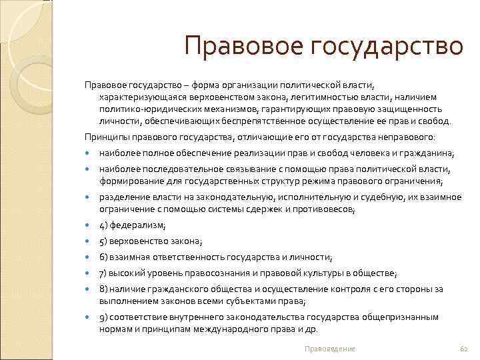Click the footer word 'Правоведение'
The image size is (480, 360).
click(329, 349)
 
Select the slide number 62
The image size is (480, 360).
click(465, 349)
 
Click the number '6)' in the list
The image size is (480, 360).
click(104, 257)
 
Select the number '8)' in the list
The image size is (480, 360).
click(104, 289)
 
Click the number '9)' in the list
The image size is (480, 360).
click(104, 317)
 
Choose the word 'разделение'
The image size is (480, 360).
click(122, 197)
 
